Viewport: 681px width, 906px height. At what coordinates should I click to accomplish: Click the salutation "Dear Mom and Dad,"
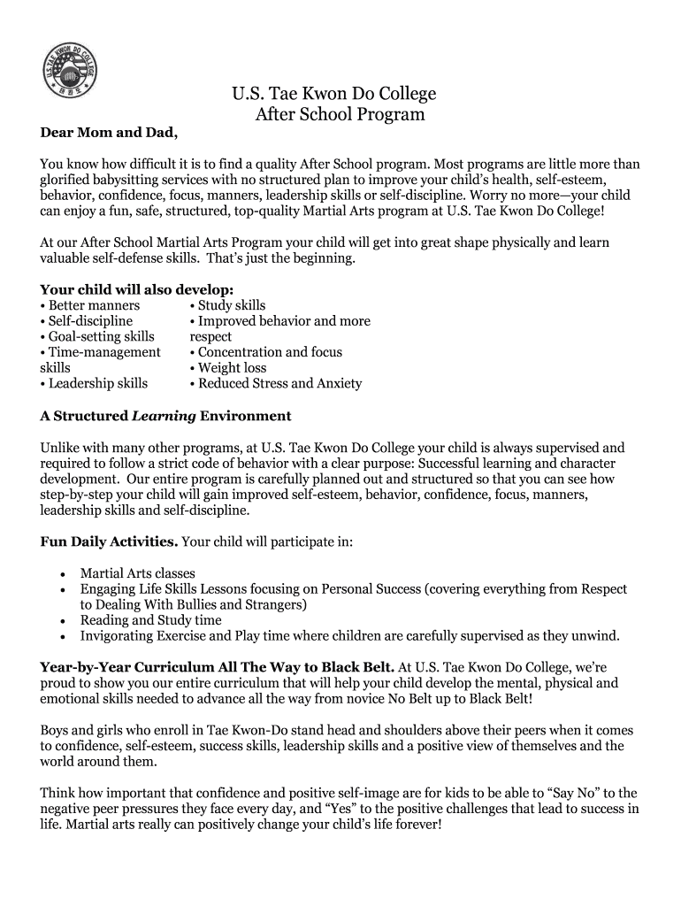[109, 134]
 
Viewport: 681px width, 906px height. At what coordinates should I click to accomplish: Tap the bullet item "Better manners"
[89, 305]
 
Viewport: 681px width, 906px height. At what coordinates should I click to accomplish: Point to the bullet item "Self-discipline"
[86, 321]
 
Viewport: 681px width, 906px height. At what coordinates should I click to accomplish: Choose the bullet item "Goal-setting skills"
[97, 336]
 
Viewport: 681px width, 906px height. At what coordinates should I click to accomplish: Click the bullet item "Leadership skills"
[94, 383]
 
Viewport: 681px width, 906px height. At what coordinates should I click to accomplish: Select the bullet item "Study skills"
[227, 305]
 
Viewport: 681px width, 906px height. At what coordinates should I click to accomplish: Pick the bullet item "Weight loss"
[227, 367]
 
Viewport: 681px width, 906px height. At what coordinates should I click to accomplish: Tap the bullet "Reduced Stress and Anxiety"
[275, 383]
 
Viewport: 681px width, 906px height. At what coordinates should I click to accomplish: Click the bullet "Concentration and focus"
[265, 352]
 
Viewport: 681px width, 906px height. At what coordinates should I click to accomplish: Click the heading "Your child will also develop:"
[137, 289]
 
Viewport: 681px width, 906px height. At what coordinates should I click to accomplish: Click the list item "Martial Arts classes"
[137, 573]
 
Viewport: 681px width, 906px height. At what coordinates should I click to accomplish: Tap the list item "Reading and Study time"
[150, 620]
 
